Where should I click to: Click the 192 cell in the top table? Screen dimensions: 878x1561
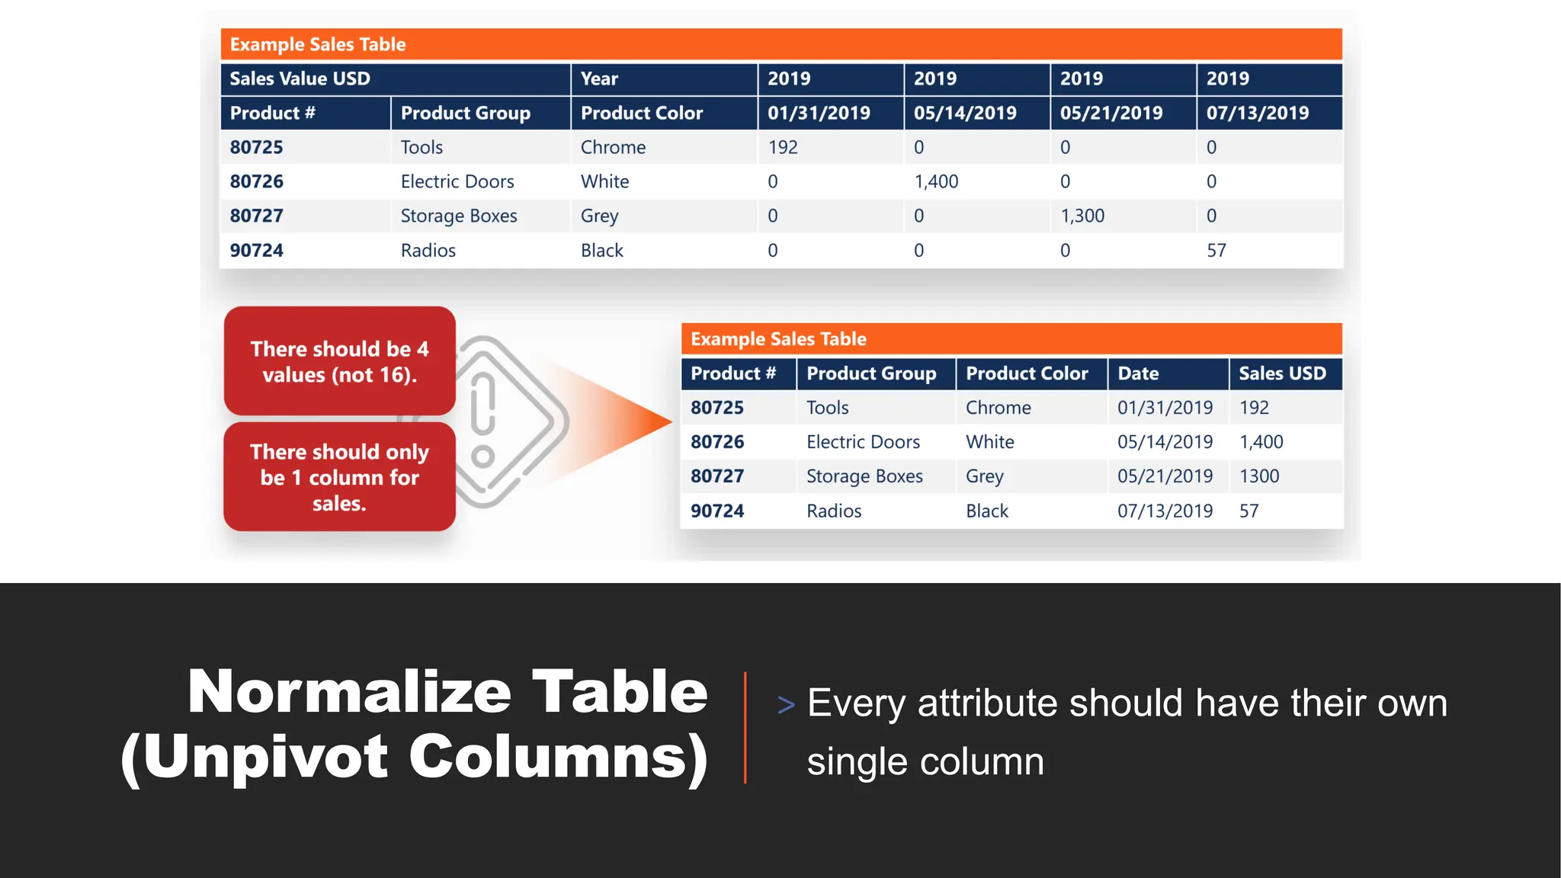coord(783,147)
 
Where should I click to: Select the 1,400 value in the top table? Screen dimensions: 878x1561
coord(936,181)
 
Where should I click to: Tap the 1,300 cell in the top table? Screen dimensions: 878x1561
coord(1082,216)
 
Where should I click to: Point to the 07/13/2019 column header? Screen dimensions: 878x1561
coord(1258,113)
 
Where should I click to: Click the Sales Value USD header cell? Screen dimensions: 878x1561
coord(300,79)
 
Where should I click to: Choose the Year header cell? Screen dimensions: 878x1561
coord(600,79)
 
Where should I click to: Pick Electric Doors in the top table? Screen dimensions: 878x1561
coord(457,181)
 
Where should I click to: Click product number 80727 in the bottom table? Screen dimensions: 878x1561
coord(717,476)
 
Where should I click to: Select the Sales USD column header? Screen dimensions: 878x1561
coord(1282,373)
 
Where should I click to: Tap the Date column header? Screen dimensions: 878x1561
coord(1138,373)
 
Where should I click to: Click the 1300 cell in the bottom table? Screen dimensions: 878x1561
coord(1259,476)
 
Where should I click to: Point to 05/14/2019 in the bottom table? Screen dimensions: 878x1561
coord(1165,442)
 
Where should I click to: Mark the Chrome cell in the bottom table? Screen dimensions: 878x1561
coord(998,408)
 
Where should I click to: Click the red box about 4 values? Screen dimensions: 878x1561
coord(340,361)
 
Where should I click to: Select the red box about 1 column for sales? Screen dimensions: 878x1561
coord(340,477)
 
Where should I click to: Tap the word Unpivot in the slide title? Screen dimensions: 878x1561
coord(265,758)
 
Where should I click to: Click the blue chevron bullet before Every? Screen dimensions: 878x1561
coord(786,705)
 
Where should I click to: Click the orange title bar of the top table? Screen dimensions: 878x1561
coord(781,44)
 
